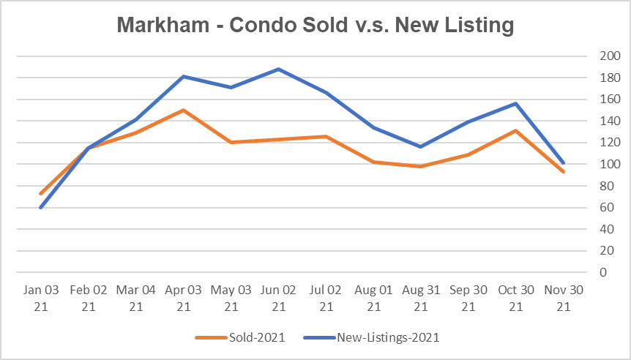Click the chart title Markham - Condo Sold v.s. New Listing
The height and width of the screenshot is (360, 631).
coord(315,25)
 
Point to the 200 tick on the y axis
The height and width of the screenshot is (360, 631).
coord(599,56)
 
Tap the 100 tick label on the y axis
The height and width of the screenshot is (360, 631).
coord(599,165)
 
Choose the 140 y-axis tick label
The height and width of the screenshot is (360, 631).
coord(599,121)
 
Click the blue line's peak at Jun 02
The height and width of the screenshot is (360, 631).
coord(278,70)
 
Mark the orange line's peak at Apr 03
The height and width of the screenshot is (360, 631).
coord(183,110)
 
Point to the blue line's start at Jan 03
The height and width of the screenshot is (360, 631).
coord(40,208)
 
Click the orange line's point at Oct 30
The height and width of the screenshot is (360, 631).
coord(517,131)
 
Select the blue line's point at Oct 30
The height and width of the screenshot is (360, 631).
coord(517,104)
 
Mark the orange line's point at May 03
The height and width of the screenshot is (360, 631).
coord(231,143)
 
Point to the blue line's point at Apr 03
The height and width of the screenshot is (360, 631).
coord(183,77)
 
